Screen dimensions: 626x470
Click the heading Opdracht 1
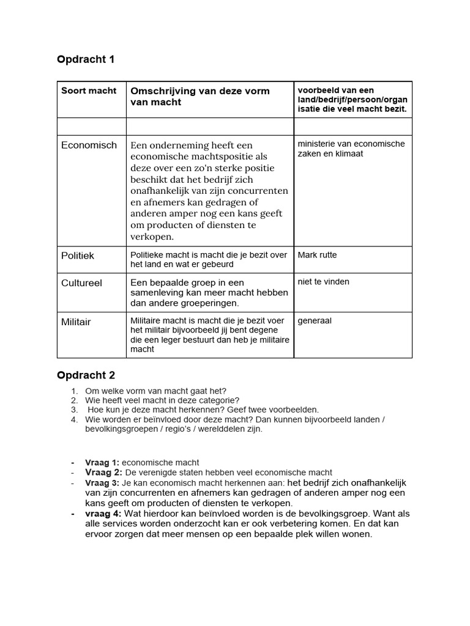point(86,59)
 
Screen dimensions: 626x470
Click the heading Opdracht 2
point(86,375)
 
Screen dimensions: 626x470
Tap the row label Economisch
point(89,145)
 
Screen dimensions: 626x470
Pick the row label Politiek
point(78,256)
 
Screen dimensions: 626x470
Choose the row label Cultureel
point(81,283)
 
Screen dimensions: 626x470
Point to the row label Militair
point(76,322)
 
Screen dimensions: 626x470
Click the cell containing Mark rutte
point(317,255)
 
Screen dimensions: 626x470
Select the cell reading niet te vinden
point(323,282)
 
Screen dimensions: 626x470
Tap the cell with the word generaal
point(315,320)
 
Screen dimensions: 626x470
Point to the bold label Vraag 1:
point(102,463)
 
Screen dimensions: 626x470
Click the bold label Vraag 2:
point(103,473)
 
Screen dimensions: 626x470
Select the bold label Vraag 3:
point(103,483)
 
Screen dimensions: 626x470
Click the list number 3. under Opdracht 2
point(74,410)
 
